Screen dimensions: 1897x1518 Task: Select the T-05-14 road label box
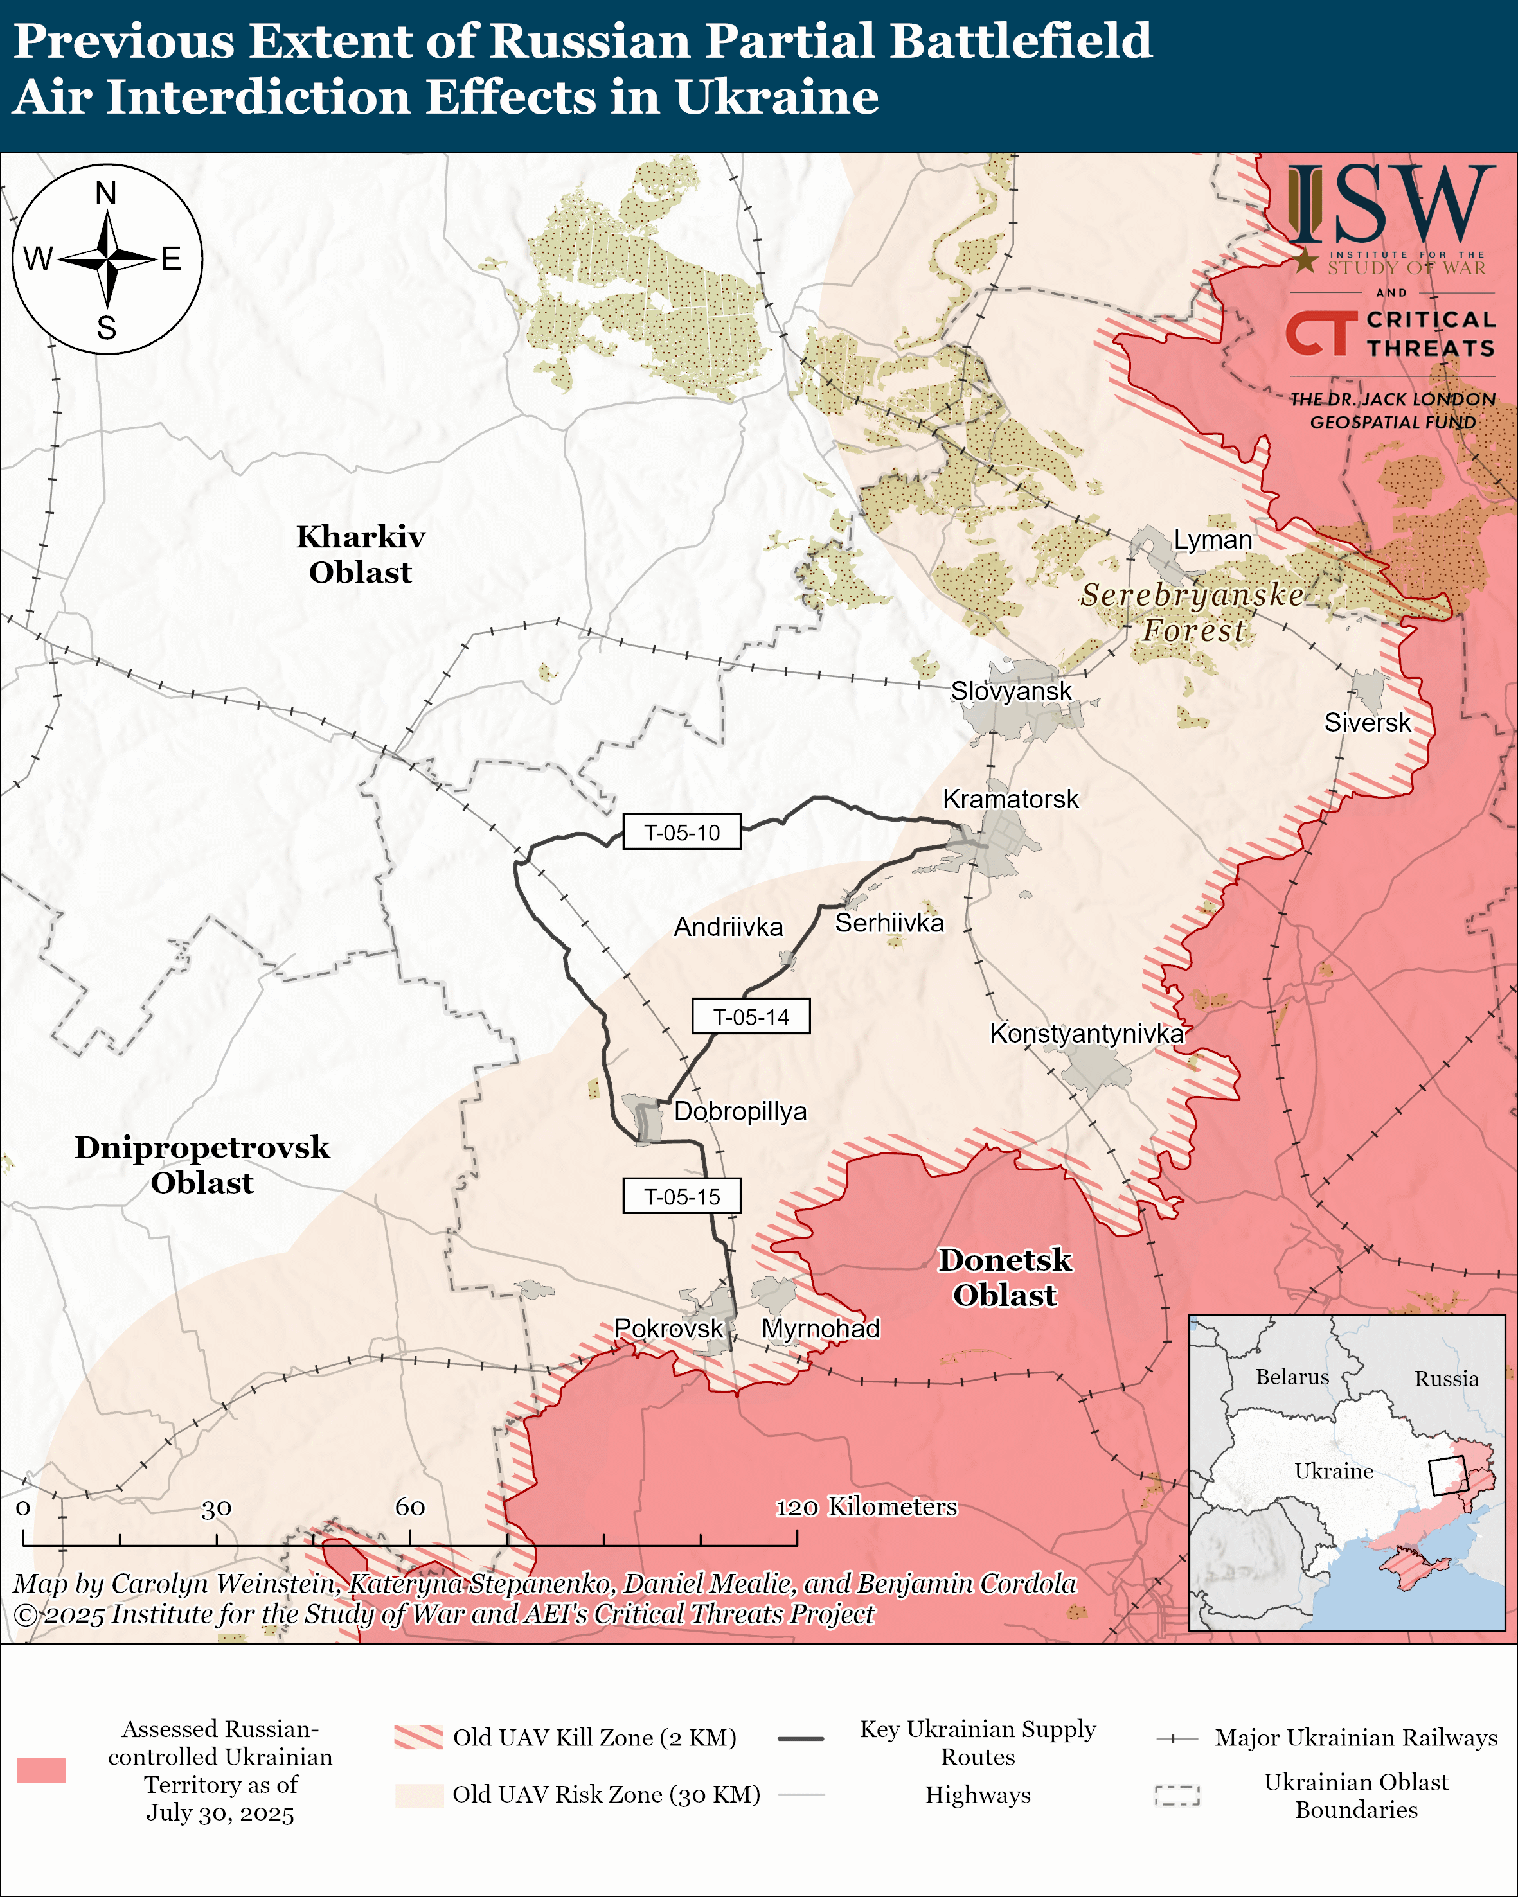(750, 1016)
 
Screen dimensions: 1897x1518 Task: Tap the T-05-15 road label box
(681, 1197)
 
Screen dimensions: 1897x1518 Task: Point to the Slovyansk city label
(1010, 691)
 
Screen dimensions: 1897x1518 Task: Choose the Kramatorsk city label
(1010, 799)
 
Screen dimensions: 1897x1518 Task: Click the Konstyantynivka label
(1086, 1033)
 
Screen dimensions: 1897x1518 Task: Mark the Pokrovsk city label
(668, 1328)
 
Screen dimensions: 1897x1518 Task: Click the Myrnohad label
(820, 1328)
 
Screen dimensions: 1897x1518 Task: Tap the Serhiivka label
(889, 923)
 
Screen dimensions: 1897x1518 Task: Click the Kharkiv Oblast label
(360, 554)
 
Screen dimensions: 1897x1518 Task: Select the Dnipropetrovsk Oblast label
(202, 1164)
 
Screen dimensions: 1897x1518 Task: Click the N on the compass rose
(105, 193)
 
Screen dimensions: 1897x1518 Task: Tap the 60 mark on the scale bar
(410, 1507)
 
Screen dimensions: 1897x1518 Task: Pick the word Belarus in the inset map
(1291, 1377)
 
